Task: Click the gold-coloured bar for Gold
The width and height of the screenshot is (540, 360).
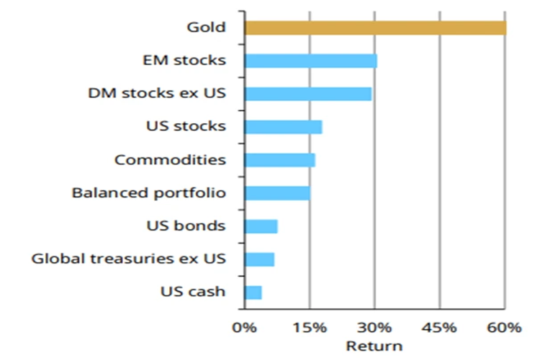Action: (374, 28)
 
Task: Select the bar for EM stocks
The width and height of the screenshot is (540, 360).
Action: (310, 60)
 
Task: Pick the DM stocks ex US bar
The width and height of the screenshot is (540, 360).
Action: (307, 94)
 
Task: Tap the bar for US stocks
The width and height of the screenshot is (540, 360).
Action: (283, 127)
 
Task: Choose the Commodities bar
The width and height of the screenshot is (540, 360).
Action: (279, 160)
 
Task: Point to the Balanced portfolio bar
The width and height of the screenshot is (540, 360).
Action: (276, 193)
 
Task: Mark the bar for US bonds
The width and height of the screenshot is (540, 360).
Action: (261, 226)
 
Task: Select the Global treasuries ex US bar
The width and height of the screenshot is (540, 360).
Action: (259, 259)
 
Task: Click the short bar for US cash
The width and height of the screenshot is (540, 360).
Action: (253, 292)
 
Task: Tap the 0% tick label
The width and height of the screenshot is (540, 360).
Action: (245, 328)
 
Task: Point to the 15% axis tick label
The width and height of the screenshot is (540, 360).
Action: (310, 328)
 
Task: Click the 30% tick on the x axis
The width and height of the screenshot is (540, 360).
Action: (374, 328)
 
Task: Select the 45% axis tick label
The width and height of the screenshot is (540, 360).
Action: (439, 328)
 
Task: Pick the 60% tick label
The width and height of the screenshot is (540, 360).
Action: (503, 328)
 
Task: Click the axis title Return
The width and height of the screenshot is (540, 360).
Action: (374, 346)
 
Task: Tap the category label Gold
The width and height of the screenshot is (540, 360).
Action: (206, 28)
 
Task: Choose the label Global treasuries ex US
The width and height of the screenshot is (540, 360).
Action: (129, 259)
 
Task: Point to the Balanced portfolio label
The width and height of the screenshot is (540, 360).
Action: (149, 193)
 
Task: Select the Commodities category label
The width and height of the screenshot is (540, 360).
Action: (170, 160)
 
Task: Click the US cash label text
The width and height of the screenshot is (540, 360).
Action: (193, 292)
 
